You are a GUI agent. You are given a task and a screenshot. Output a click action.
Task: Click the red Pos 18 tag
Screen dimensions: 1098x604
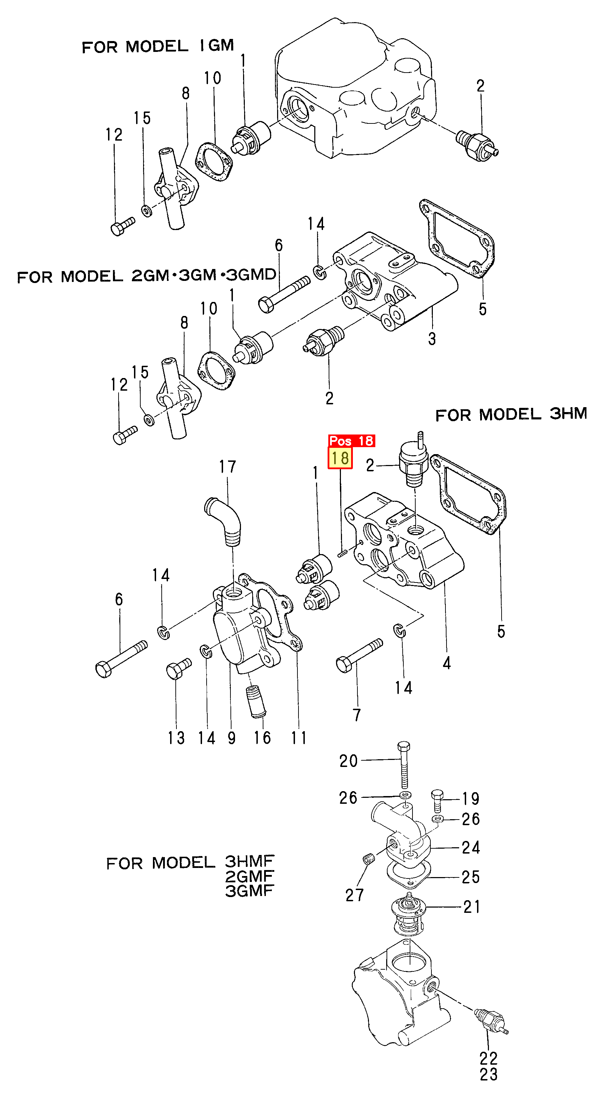pyautogui.click(x=351, y=440)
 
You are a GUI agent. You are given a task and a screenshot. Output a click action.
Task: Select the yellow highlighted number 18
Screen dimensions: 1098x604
pyautogui.click(x=340, y=458)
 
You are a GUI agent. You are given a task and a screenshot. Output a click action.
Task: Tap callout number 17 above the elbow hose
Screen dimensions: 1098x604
pyautogui.click(x=227, y=467)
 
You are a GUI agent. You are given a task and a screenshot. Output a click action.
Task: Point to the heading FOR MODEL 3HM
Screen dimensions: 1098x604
pyautogui.click(x=511, y=414)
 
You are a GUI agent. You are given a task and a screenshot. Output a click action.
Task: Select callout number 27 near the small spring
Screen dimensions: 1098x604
pyautogui.click(x=354, y=895)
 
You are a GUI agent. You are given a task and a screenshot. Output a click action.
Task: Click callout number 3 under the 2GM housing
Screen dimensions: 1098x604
pyautogui.click(x=432, y=339)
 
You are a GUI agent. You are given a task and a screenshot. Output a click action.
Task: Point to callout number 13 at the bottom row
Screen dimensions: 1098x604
pyautogui.click(x=176, y=738)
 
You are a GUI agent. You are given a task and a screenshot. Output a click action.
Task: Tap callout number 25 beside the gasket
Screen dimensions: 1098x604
pyautogui.click(x=471, y=877)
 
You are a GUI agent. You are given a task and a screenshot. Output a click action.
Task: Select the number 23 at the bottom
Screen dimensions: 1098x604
pyautogui.click(x=489, y=1075)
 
